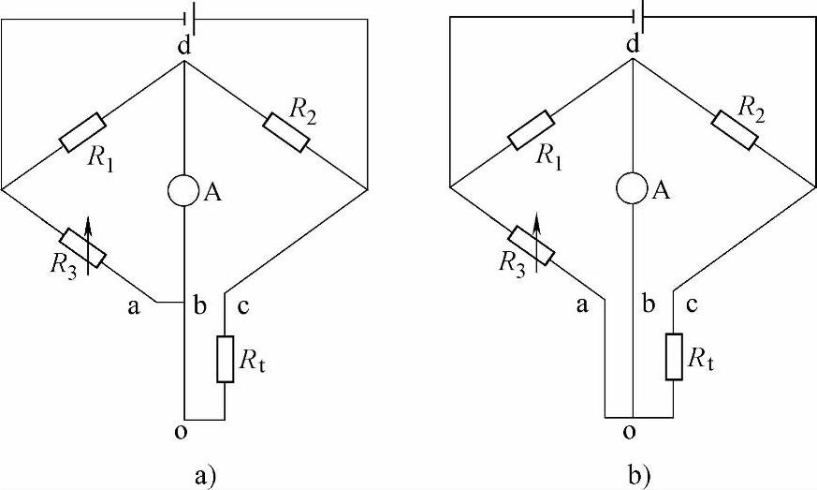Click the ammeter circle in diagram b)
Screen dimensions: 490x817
(x=634, y=188)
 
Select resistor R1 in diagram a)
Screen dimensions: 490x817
(x=82, y=131)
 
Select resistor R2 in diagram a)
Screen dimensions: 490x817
(x=286, y=131)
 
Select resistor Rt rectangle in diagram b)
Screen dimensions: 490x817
(x=674, y=357)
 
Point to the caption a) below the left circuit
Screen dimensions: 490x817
(x=205, y=474)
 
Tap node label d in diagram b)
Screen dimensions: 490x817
(x=634, y=44)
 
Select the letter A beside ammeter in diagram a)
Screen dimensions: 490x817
(x=212, y=193)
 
